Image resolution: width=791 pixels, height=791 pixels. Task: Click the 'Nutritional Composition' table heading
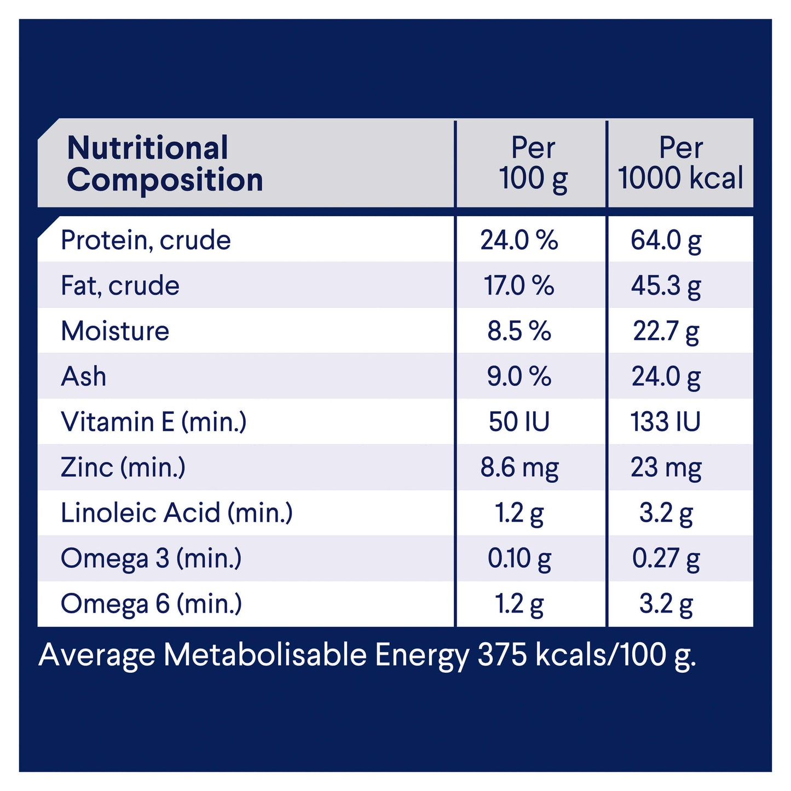pyautogui.click(x=164, y=163)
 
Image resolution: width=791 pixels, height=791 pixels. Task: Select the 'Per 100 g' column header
pyautogui.click(x=533, y=163)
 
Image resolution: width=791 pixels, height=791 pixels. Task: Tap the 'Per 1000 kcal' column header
pyautogui.click(x=680, y=163)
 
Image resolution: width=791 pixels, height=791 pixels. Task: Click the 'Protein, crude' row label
pyautogui.click(x=146, y=240)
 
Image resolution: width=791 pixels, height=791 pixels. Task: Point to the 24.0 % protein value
pyautogui.click(x=519, y=240)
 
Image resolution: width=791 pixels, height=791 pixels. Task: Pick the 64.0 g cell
pyautogui.click(x=666, y=240)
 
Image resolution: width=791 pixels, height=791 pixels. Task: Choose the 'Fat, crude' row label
pyautogui.click(x=120, y=285)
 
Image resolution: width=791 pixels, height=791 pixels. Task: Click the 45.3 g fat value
pyautogui.click(x=666, y=285)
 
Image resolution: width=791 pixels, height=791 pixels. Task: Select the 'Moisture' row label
pyautogui.click(x=115, y=331)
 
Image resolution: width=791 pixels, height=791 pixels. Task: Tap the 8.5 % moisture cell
pyautogui.click(x=519, y=331)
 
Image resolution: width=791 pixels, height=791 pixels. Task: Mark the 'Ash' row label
pyautogui.click(x=84, y=376)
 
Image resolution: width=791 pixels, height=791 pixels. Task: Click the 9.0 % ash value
pyautogui.click(x=519, y=376)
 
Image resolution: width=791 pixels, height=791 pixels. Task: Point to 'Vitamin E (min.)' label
pyautogui.click(x=154, y=422)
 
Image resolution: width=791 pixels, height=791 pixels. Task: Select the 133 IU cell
pyautogui.click(x=665, y=422)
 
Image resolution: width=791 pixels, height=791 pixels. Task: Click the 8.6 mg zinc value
pyautogui.click(x=519, y=467)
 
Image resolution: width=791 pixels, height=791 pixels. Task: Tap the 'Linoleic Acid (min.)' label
pyautogui.click(x=177, y=512)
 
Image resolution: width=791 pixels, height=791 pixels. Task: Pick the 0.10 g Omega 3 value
pyautogui.click(x=519, y=558)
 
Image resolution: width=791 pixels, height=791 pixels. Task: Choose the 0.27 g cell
pyautogui.click(x=666, y=558)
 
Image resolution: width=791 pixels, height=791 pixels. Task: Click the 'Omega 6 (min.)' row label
pyautogui.click(x=151, y=603)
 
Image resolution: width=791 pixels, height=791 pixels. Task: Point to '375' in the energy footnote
pyautogui.click(x=502, y=654)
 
